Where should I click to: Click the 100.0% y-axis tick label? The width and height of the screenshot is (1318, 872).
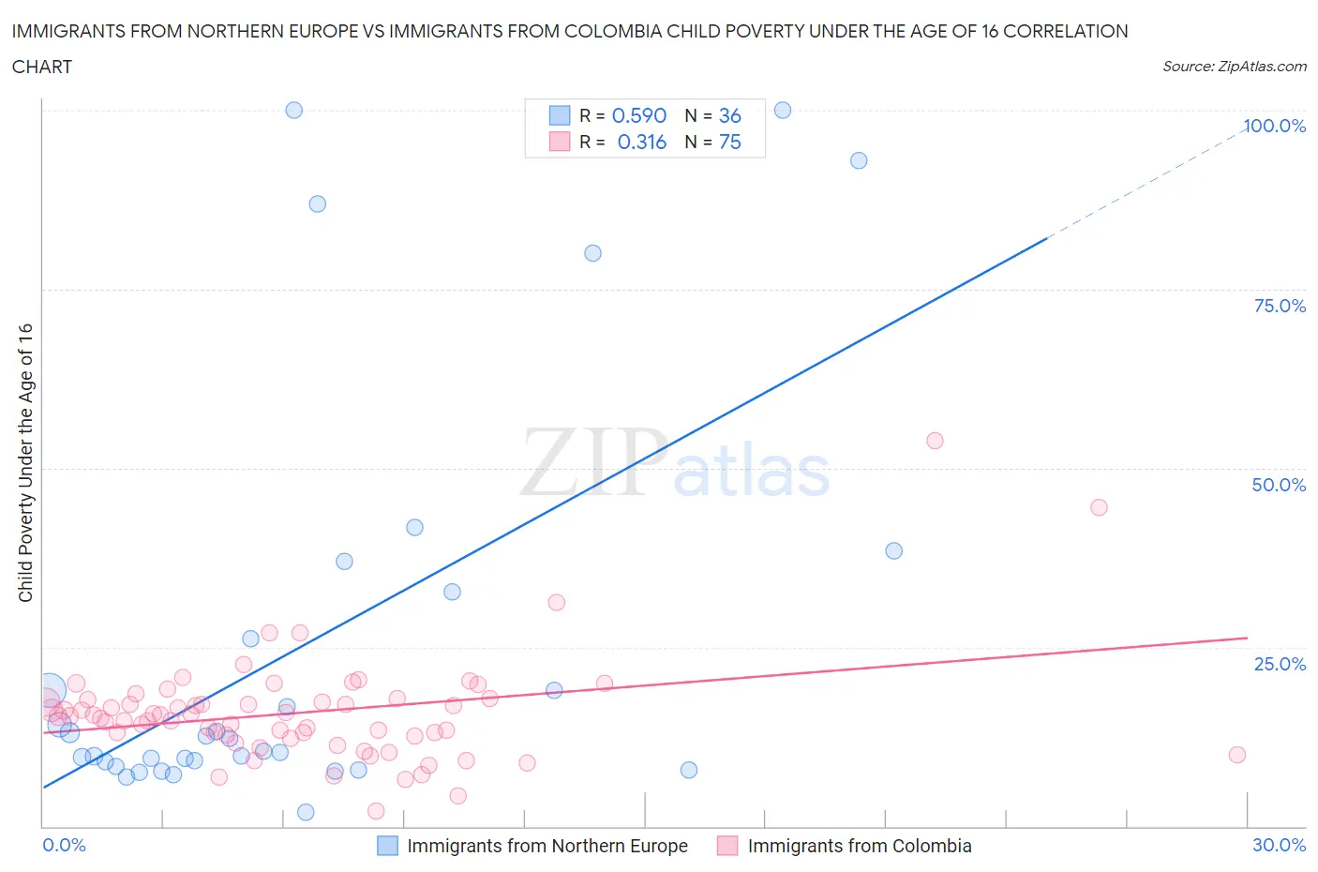tap(1274, 126)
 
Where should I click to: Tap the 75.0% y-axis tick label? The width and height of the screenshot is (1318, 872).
tap(1280, 306)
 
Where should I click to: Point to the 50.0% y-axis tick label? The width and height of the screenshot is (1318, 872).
tap(1279, 485)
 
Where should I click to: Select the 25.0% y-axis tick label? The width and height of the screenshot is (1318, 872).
tap(1280, 664)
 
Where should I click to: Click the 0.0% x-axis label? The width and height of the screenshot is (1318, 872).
tap(64, 845)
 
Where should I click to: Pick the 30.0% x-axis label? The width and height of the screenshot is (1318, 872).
tap(1279, 845)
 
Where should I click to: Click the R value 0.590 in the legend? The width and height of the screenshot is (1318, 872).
tap(638, 115)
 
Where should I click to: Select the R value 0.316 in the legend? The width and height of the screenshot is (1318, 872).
tap(641, 142)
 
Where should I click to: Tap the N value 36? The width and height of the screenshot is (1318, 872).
tap(729, 115)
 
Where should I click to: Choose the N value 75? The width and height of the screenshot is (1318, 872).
tap(729, 142)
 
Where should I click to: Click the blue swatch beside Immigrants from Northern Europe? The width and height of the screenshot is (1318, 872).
tap(387, 846)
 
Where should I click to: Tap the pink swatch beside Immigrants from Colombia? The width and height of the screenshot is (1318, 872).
tap(727, 846)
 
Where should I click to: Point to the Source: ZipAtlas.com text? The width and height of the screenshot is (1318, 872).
tap(1234, 67)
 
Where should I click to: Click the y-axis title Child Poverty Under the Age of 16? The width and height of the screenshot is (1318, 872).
tap(25, 462)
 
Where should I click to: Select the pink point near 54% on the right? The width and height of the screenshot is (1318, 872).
tap(935, 441)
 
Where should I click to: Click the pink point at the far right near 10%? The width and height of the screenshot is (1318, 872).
tap(1237, 755)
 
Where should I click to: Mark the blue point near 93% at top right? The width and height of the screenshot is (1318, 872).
tap(859, 160)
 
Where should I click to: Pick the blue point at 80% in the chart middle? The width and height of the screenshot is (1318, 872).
tap(592, 253)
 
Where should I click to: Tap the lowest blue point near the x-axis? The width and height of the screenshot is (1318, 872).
tap(306, 812)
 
